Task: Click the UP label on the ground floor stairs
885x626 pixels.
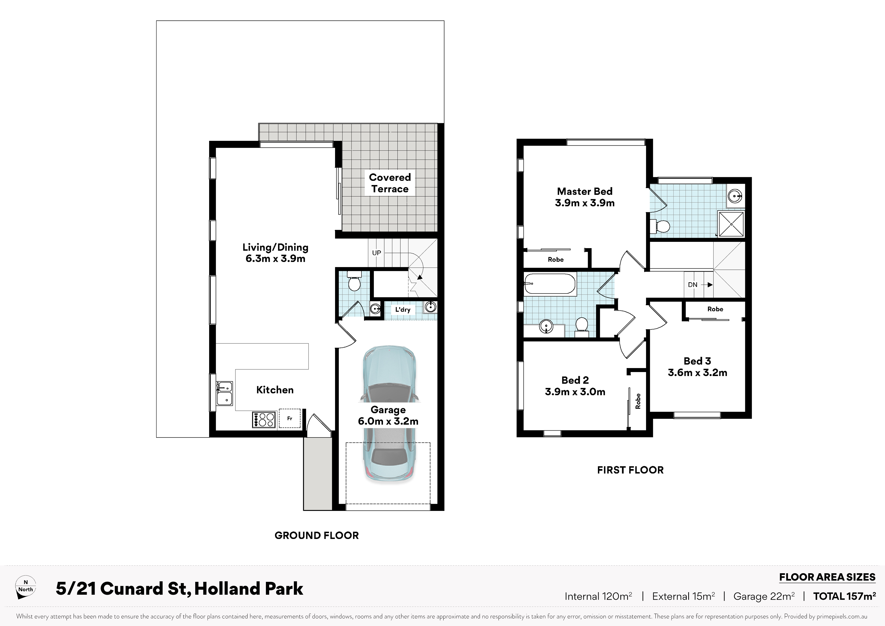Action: pos(377,253)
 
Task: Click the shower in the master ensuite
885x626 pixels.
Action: pos(731,224)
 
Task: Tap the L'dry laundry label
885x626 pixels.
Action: pos(403,309)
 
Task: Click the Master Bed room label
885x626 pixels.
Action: pos(585,191)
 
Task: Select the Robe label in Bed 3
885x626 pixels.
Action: pos(715,309)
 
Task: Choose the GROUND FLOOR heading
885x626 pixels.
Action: pos(316,535)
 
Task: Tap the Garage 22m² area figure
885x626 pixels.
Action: pos(764,596)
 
